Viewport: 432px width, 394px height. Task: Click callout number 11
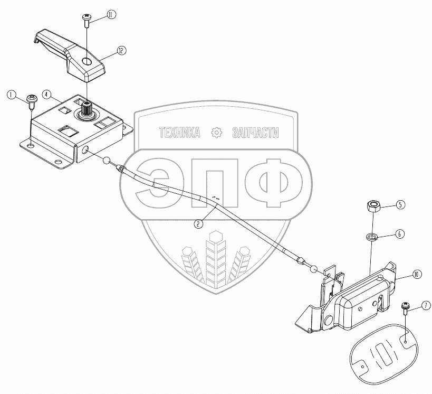tap(111, 14)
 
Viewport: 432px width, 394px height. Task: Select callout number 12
tap(121, 51)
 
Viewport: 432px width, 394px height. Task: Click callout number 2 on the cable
tap(198, 224)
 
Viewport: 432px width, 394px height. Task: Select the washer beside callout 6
tap(371, 234)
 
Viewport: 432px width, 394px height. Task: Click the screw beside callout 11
tap(87, 21)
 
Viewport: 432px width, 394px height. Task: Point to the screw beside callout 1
tap(32, 100)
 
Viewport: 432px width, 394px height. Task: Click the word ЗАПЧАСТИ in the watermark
tap(255, 133)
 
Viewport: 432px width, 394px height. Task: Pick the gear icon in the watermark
tap(216, 133)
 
